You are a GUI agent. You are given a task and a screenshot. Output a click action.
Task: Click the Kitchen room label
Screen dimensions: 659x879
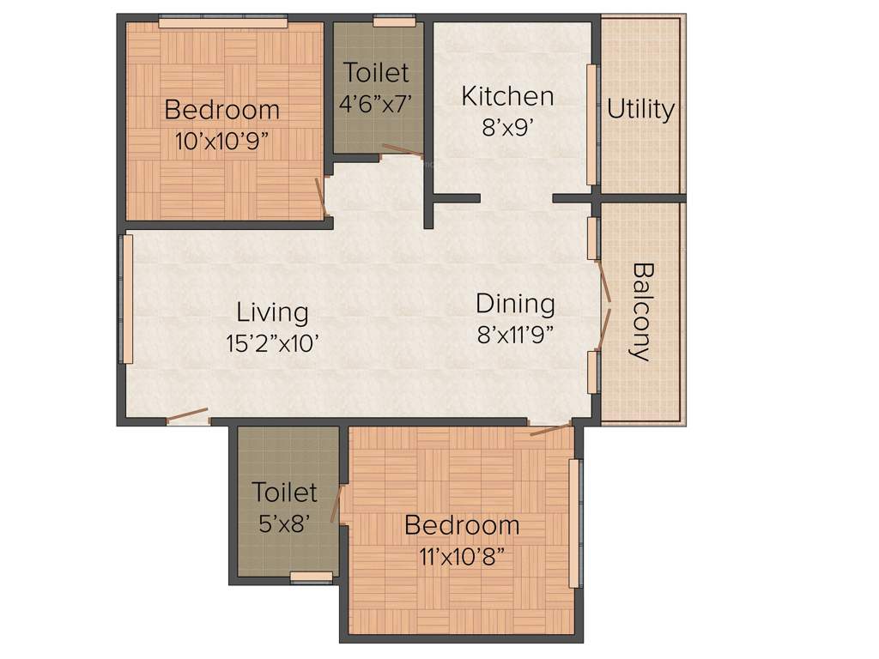507,95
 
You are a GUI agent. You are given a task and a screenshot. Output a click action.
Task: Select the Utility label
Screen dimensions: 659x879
641,109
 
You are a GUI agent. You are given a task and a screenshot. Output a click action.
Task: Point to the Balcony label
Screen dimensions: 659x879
641,311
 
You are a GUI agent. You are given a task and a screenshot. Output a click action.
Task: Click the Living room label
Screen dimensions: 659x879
272,312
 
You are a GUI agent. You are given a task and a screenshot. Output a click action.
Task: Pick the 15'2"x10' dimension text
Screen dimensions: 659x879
272,344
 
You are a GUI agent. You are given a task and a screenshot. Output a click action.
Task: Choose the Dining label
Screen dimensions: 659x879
515,304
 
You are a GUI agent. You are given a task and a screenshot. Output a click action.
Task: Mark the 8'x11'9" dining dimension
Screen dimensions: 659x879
515,334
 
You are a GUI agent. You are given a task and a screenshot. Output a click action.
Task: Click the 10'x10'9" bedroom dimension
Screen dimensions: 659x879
222,142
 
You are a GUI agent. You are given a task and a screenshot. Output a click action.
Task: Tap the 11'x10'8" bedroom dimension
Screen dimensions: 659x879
462,556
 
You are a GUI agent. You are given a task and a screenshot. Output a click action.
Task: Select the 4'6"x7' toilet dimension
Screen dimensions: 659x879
377,104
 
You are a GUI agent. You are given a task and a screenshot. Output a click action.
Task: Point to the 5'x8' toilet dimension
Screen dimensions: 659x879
284,523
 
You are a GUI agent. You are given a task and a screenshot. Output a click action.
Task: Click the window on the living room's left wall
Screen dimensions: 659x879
127,299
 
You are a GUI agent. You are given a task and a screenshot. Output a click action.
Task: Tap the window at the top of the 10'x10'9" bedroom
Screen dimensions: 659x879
222,22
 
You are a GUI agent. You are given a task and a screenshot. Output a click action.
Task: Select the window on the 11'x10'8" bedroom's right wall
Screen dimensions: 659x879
575,523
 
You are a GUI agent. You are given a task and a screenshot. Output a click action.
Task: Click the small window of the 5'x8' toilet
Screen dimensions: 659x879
311,577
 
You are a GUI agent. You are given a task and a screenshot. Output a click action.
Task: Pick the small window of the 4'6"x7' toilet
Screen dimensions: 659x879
394,21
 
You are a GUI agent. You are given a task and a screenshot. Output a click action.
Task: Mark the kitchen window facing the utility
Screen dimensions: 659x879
591,124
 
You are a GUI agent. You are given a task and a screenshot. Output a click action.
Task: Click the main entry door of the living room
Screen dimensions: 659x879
187,416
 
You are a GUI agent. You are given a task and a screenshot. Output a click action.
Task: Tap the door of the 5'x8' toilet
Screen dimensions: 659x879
339,504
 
